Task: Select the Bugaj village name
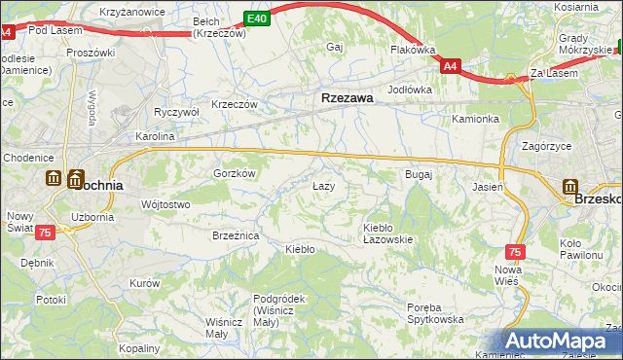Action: [418, 174]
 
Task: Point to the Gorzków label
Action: [235, 172]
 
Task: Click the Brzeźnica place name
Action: [235, 235]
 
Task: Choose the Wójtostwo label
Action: [165, 204]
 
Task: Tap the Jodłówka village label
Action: [409, 90]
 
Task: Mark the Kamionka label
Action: [475, 120]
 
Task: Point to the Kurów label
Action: [144, 283]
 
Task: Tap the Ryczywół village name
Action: [176, 112]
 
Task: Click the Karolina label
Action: [155, 137]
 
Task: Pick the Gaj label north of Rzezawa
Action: [336, 47]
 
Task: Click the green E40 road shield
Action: [256, 18]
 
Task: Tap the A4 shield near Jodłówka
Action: [450, 67]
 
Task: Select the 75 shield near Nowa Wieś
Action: [515, 251]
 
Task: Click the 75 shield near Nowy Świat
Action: [45, 233]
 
